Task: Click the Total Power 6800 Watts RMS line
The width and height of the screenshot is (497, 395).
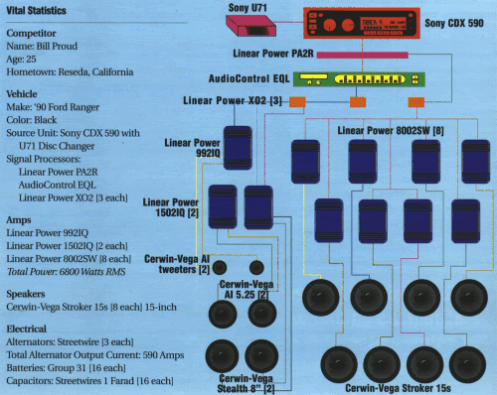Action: coord(69,274)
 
